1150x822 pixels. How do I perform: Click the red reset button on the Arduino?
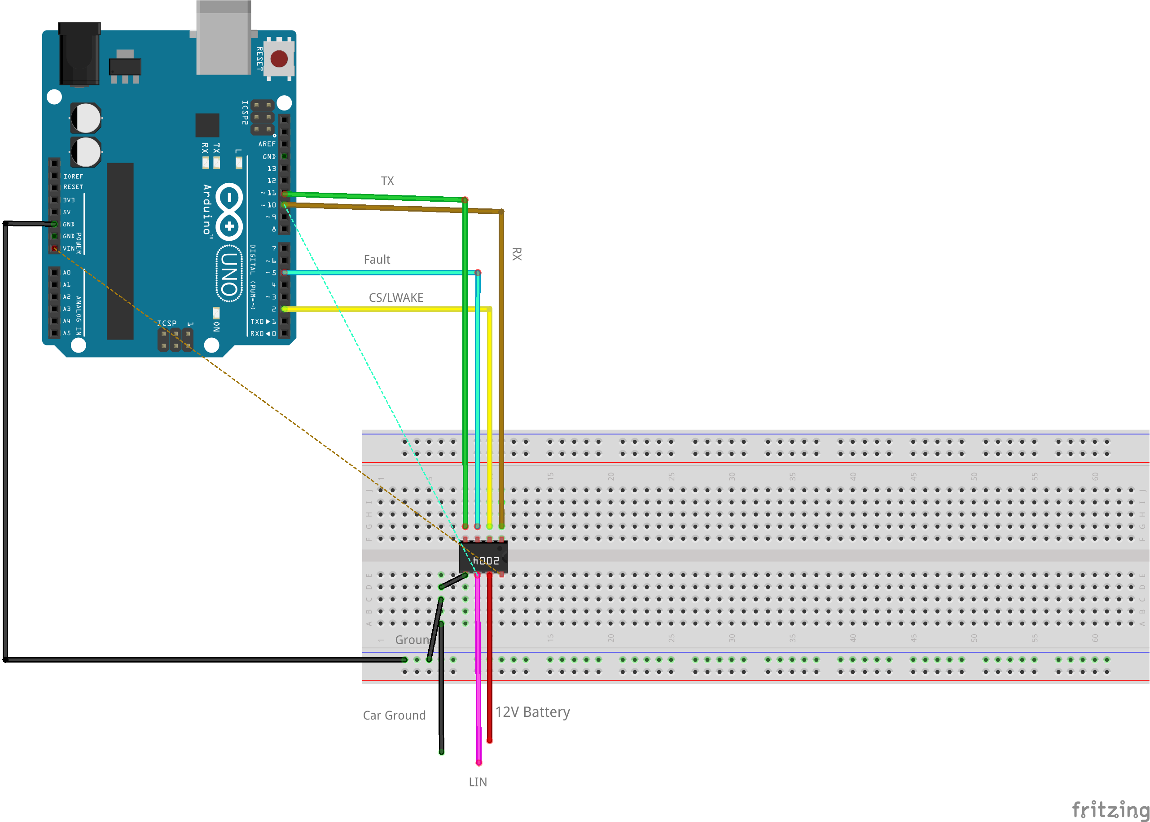279,59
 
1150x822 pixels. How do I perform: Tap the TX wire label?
387,181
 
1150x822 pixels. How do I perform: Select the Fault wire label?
377,260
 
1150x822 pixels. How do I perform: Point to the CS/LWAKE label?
396,298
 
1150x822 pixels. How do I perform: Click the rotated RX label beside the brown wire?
516,254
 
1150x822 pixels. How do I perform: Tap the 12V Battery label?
532,712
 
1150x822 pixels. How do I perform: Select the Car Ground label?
395,715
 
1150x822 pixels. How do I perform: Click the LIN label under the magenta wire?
478,782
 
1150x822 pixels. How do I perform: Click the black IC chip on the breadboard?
483,557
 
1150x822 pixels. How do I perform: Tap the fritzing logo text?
1110,809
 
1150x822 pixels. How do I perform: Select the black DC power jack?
79,55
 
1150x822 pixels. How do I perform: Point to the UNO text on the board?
229,274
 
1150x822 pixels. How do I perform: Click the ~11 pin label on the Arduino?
268,193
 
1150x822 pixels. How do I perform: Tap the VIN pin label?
69,248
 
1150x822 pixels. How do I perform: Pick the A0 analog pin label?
67,272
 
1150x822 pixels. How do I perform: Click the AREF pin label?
267,144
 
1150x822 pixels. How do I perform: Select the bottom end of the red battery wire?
490,741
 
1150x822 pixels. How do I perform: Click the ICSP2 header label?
245,112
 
